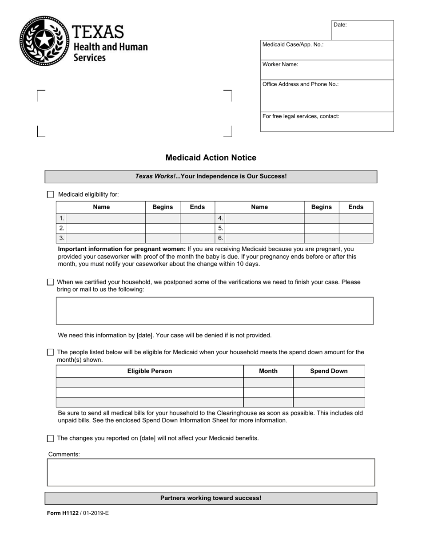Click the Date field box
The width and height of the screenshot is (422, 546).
pyautogui.click(x=362, y=30)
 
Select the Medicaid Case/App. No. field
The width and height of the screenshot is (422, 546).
pyautogui.click(x=327, y=50)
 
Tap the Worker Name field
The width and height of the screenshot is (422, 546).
pyautogui.click(x=327, y=70)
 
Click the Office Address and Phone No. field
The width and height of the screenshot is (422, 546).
pyautogui.click(x=327, y=96)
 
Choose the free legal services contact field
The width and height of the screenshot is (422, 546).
pyautogui.click(x=327, y=122)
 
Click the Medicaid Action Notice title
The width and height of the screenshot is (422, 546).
pyautogui.click(x=211, y=158)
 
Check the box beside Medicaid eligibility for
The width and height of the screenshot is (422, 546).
pyautogui.click(x=50, y=194)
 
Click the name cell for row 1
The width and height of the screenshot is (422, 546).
pyautogui.click(x=106, y=218)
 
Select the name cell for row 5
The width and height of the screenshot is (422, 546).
pyautogui.click(x=264, y=228)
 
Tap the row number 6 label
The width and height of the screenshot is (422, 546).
pyautogui.click(x=220, y=238)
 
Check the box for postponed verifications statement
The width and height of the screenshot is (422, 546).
pyautogui.click(x=50, y=282)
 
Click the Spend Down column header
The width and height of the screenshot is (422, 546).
pyautogui.click(x=329, y=371)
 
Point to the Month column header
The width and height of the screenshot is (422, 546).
pyautogui.click(x=268, y=371)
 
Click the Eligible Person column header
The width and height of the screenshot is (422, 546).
pyautogui.click(x=150, y=371)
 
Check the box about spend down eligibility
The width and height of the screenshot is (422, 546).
pyautogui.click(x=50, y=352)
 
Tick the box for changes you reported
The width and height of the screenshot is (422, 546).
pyautogui.click(x=50, y=439)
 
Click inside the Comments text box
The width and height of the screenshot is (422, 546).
pyautogui.click(x=211, y=472)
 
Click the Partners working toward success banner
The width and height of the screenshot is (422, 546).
pyautogui.click(x=211, y=498)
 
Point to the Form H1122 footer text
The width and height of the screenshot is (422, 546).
pyautogui.click(x=78, y=513)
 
